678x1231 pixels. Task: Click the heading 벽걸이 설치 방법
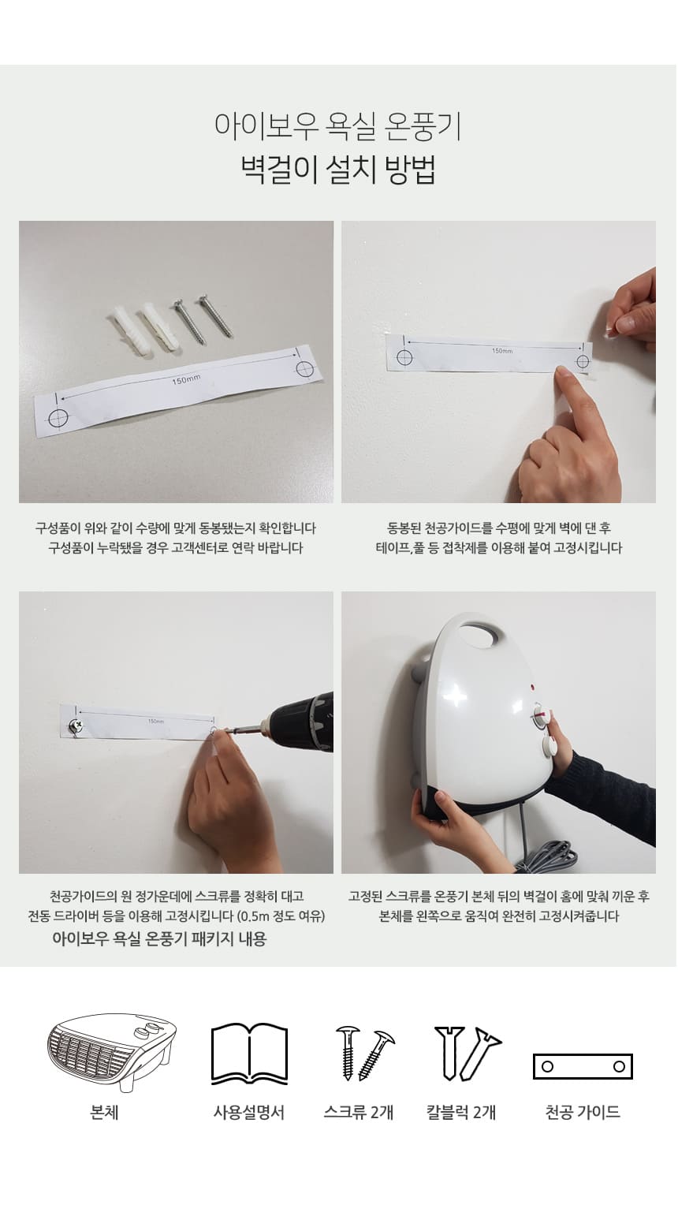tap(338, 170)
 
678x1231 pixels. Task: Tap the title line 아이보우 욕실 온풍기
tap(338, 126)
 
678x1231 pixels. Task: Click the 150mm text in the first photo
tap(186, 379)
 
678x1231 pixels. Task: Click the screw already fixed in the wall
tap(74, 727)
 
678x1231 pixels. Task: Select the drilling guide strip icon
tap(583, 1066)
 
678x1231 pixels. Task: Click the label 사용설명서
tap(249, 1112)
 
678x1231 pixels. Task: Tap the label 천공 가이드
tap(583, 1112)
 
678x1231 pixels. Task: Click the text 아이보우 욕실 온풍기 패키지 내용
tap(159, 938)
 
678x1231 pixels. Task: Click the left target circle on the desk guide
tap(58, 418)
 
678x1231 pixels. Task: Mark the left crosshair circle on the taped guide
tap(404, 358)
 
